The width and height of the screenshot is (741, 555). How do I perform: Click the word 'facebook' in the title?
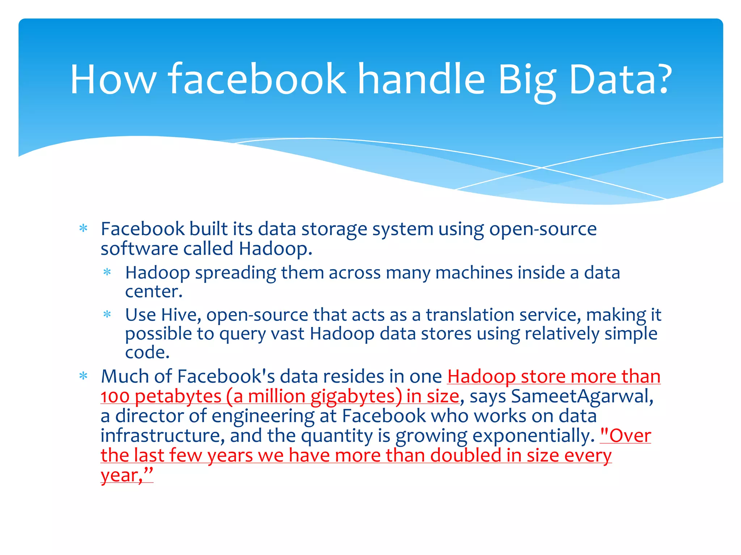click(257, 79)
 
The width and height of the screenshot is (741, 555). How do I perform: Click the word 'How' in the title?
click(113, 79)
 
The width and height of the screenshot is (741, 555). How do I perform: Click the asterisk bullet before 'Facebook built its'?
click(84, 228)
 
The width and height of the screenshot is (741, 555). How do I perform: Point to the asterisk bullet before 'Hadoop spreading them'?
click(107, 272)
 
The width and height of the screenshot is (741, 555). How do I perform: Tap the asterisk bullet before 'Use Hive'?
click(107, 314)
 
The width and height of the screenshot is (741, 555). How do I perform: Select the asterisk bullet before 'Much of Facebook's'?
click(84, 376)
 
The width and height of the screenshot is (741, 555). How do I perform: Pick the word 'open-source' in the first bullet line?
click(543, 229)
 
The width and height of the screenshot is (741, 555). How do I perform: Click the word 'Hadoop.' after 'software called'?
click(275, 249)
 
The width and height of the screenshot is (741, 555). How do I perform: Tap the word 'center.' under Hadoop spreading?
click(154, 292)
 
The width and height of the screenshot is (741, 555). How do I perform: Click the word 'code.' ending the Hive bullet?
click(147, 352)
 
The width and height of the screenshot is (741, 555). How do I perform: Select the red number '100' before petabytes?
click(115, 396)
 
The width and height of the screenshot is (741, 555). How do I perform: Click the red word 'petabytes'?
click(178, 397)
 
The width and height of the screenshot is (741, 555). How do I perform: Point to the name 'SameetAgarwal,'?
click(582, 396)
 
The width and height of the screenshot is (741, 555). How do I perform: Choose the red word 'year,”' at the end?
click(127, 475)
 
